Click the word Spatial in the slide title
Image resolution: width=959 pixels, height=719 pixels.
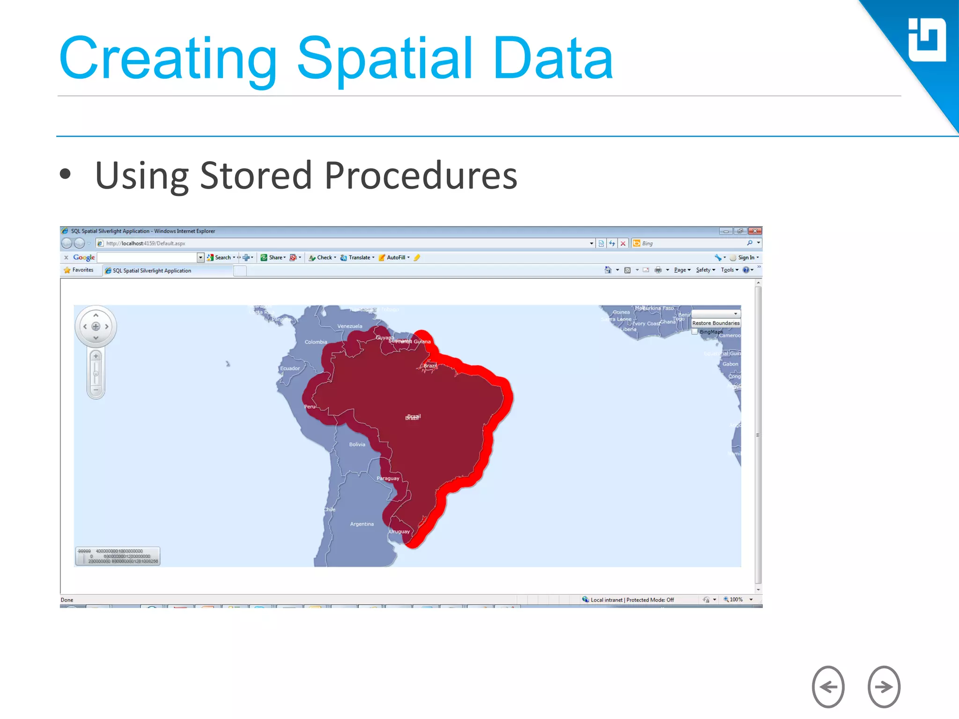[x=384, y=59]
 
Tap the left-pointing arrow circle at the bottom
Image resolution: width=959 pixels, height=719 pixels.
[x=828, y=687]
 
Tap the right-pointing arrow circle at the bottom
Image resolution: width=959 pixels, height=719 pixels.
[x=884, y=687]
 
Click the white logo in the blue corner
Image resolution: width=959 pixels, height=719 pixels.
[x=927, y=40]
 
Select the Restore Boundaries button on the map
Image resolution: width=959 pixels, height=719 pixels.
[x=716, y=323]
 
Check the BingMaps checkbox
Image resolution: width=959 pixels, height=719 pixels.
[x=695, y=332]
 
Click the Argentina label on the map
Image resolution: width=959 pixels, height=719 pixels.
[x=361, y=524]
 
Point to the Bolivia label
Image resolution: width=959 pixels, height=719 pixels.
[x=357, y=444]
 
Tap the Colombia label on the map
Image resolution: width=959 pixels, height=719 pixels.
[x=316, y=342]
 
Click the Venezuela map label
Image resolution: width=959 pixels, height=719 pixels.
[x=349, y=326]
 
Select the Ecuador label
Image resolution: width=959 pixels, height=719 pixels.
[x=290, y=368]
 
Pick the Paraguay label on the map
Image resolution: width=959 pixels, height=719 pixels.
[x=388, y=478]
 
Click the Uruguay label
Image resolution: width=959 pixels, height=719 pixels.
[x=399, y=531]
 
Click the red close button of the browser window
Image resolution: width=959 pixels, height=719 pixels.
[x=754, y=231]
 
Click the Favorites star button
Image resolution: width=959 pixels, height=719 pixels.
[x=79, y=270]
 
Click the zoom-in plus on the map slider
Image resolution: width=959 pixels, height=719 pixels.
[x=96, y=356]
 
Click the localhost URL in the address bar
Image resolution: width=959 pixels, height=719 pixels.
[x=146, y=243]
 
